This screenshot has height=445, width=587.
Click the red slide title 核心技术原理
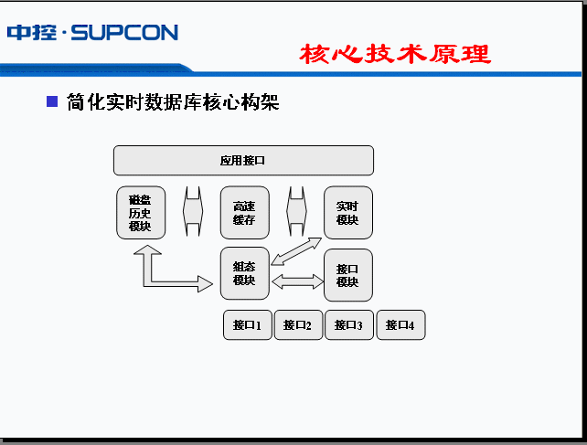[395, 54]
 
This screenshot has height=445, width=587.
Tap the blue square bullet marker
[52, 101]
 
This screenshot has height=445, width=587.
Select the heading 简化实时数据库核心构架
[173, 102]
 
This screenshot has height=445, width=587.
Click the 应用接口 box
[243, 160]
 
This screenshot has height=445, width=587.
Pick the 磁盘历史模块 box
[141, 213]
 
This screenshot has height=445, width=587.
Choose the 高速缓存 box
[244, 213]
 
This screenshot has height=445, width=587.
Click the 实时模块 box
[348, 213]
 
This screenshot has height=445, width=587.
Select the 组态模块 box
[244, 273]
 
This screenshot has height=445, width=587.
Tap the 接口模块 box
[348, 275]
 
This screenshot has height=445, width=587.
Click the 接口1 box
[248, 324]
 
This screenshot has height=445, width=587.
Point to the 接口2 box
[298, 324]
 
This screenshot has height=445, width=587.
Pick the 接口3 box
[349, 324]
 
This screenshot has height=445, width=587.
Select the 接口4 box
[400, 324]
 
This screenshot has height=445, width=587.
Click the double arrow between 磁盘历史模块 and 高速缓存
[193, 213]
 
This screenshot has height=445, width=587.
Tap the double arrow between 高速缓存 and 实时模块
[296, 213]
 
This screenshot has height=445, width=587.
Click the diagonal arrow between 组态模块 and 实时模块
[297, 250]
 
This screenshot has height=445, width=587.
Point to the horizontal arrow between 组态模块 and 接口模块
[297, 283]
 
